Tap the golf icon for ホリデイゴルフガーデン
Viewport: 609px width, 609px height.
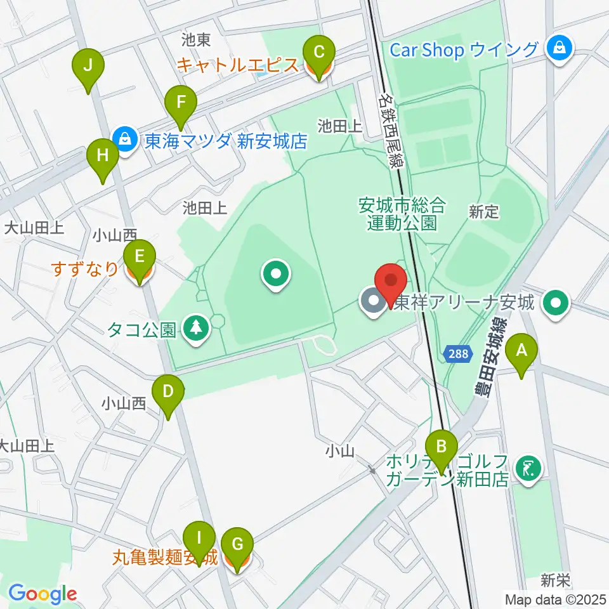pos(528,469)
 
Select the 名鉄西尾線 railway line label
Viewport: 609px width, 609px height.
pos(391,130)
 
